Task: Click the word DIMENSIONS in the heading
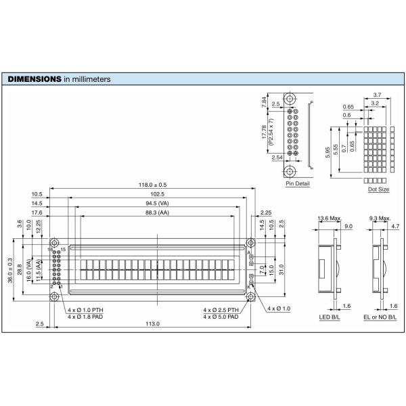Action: coord(34,79)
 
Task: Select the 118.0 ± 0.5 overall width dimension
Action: coord(152,185)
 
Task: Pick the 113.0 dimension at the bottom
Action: coord(153,325)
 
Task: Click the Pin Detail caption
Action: coord(297,183)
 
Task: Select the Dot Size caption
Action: coord(378,189)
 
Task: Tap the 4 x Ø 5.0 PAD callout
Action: coord(221,316)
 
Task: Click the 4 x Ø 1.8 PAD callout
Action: coord(86,316)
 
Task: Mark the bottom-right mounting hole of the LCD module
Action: coord(250,296)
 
